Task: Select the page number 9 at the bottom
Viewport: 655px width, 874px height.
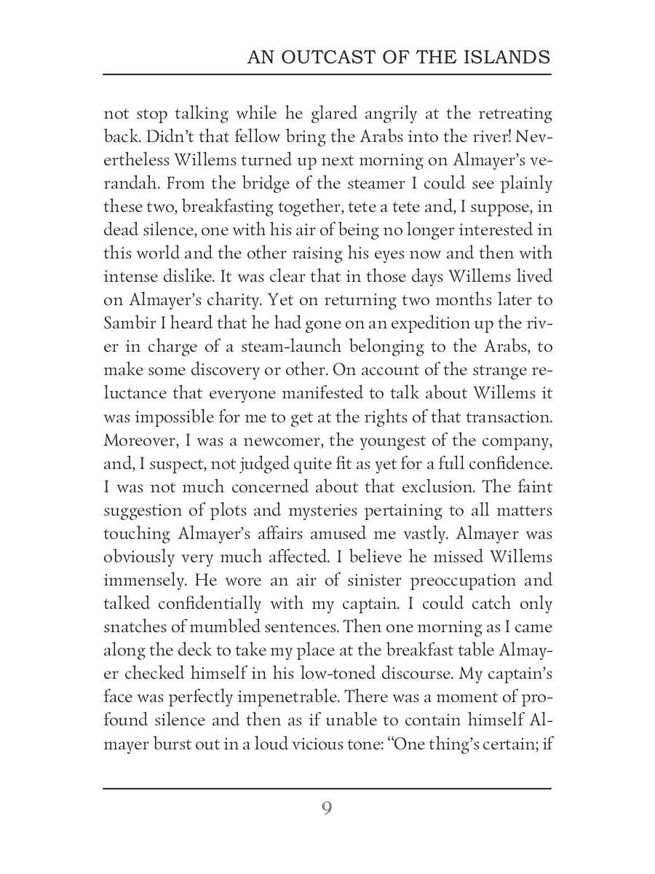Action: (327, 808)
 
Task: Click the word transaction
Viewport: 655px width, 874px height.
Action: (498, 417)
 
